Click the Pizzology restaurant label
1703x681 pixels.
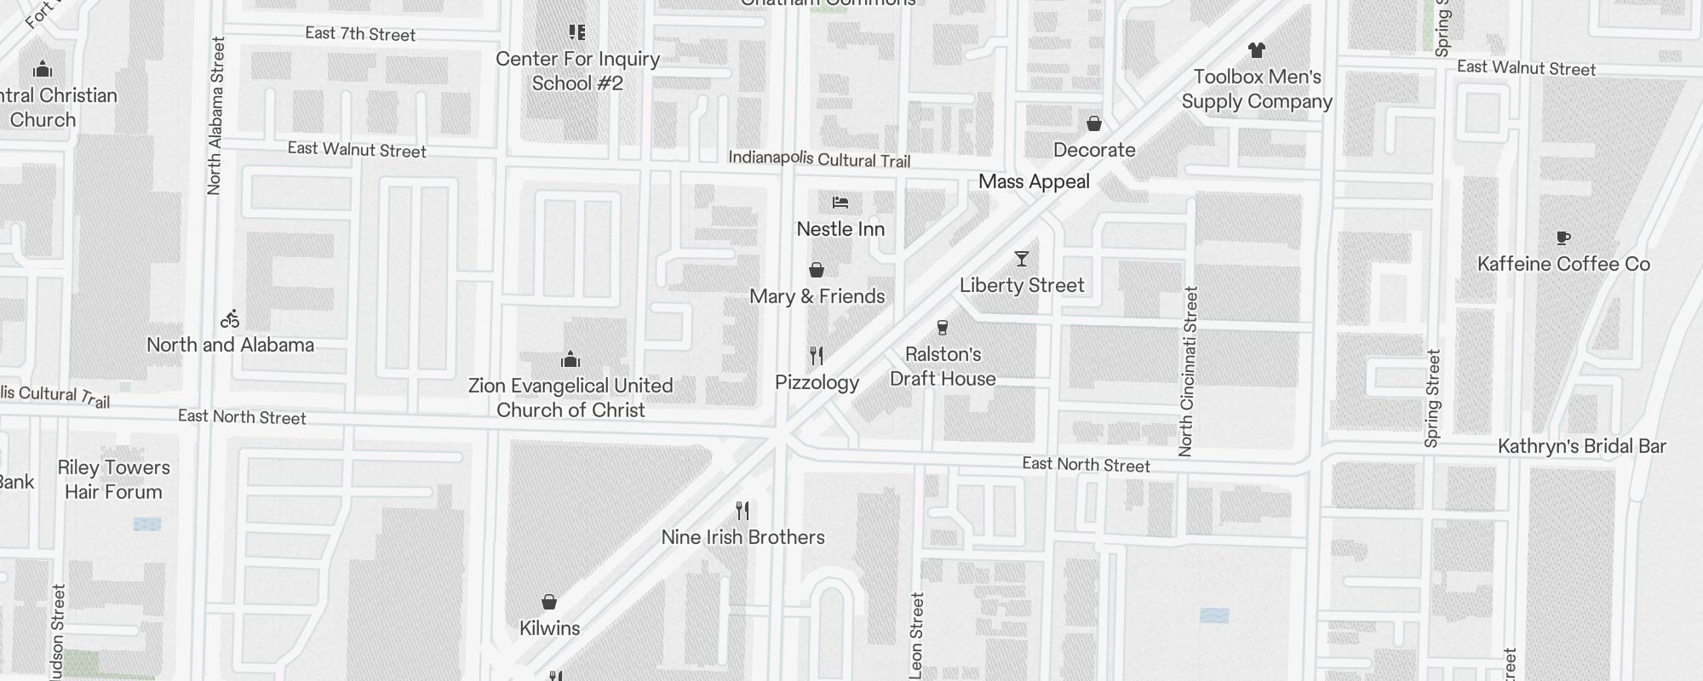pyautogui.click(x=817, y=382)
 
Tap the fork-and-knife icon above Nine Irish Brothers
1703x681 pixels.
pyautogui.click(x=743, y=511)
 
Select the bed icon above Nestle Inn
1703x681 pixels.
pyautogui.click(x=840, y=203)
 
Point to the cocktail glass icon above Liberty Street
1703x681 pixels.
pyautogui.click(x=1022, y=259)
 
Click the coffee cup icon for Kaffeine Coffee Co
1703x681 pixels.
pyautogui.click(x=1563, y=238)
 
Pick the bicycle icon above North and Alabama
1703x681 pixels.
pyautogui.click(x=230, y=319)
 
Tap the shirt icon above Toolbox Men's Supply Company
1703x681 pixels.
pyautogui.click(x=1256, y=50)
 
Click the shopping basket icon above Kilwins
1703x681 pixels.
pyautogui.click(x=549, y=603)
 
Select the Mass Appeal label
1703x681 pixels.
pyautogui.click(x=1034, y=181)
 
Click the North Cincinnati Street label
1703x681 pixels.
pyautogui.click(x=1188, y=371)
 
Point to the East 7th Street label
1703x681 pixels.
pyautogui.click(x=360, y=34)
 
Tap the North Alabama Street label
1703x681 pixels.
pyautogui.click(x=215, y=116)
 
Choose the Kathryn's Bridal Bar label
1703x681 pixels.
pyautogui.click(x=1581, y=446)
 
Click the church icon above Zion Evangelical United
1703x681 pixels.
pyautogui.click(x=571, y=359)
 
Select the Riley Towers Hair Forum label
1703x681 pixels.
pyautogui.click(x=113, y=479)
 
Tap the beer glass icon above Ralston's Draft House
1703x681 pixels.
pyautogui.click(x=942, y=328)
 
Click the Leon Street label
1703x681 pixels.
pyautogui.click(x=916, y=635)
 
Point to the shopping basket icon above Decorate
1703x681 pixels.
pyautogui.click(x=1094, y=124)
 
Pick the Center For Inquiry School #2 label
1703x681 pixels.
pyautogui.click(x=577, y=71)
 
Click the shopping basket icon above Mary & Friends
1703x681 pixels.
pyautogui.click(x=817, y=271)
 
